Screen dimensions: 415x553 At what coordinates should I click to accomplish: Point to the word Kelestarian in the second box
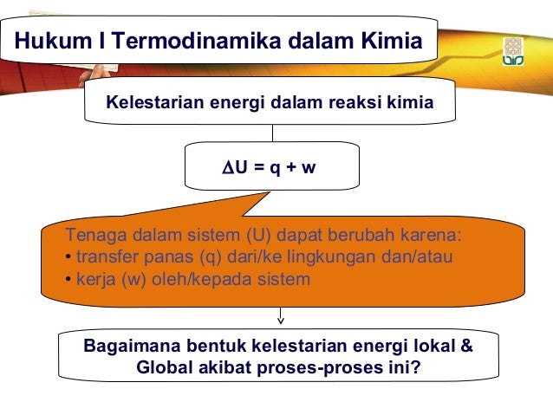coord(152,104)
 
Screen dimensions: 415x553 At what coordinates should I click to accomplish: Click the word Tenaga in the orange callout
coord(94,236)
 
